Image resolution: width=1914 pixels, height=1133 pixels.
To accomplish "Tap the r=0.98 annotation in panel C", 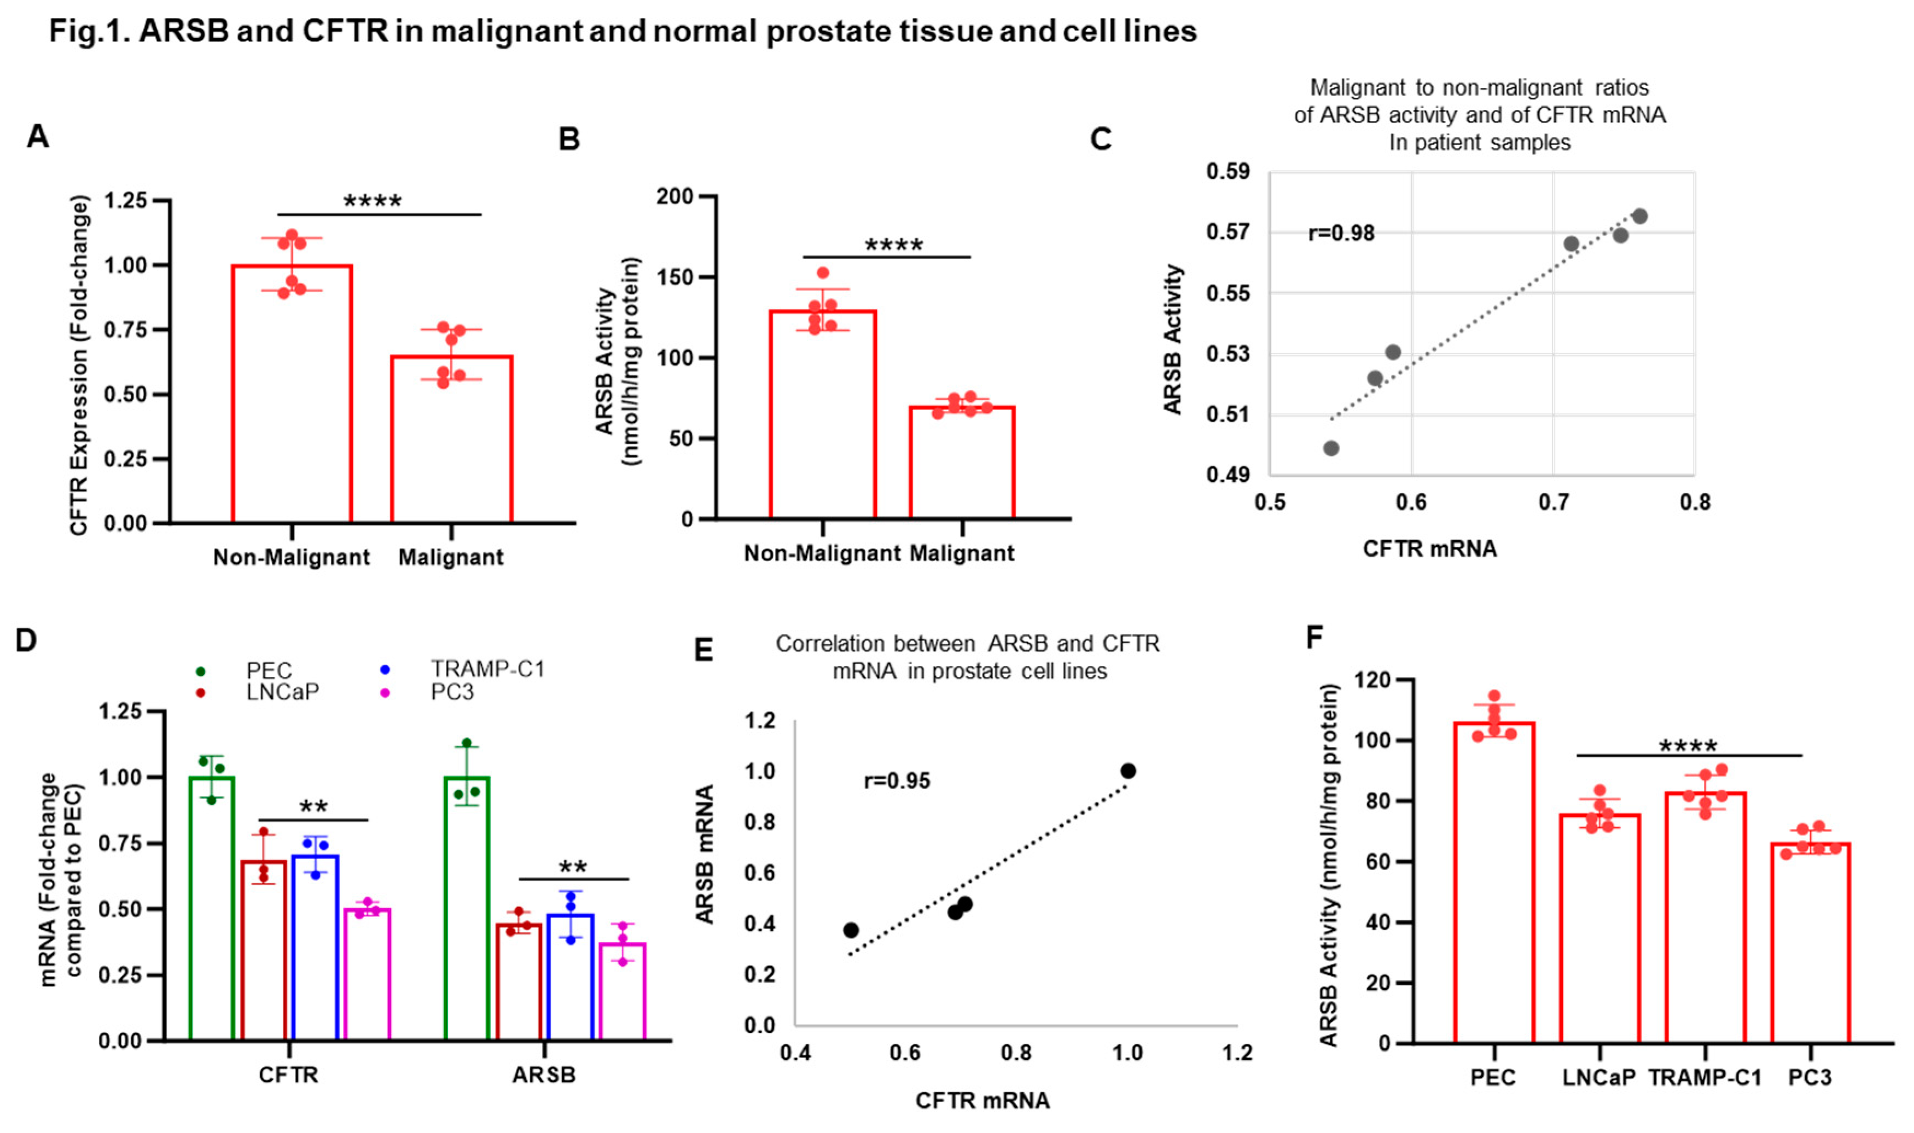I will [x=1341, y=233].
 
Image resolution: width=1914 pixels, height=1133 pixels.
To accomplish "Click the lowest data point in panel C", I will [x=1331, y=448].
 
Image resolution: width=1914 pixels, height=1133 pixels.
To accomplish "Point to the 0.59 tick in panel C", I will [x=1228, y=171].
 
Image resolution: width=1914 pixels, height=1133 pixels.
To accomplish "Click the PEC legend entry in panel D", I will [x=268, y=670].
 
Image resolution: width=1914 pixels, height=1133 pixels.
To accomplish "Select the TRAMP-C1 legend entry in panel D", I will [x=487, y=669].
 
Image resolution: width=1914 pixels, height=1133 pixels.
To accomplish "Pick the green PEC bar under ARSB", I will [x=467, y=909].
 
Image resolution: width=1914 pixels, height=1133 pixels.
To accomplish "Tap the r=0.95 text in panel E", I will [x=897, y=781].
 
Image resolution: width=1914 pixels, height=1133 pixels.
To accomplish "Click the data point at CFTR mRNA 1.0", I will [x=1128, y=770].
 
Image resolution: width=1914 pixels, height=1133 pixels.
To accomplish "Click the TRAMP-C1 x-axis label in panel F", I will [x=1704, y=1077].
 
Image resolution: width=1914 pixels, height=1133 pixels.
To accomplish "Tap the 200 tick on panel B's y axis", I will [x=674, y=196].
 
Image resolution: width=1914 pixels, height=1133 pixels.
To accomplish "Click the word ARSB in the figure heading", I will [x=183, y=31].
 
